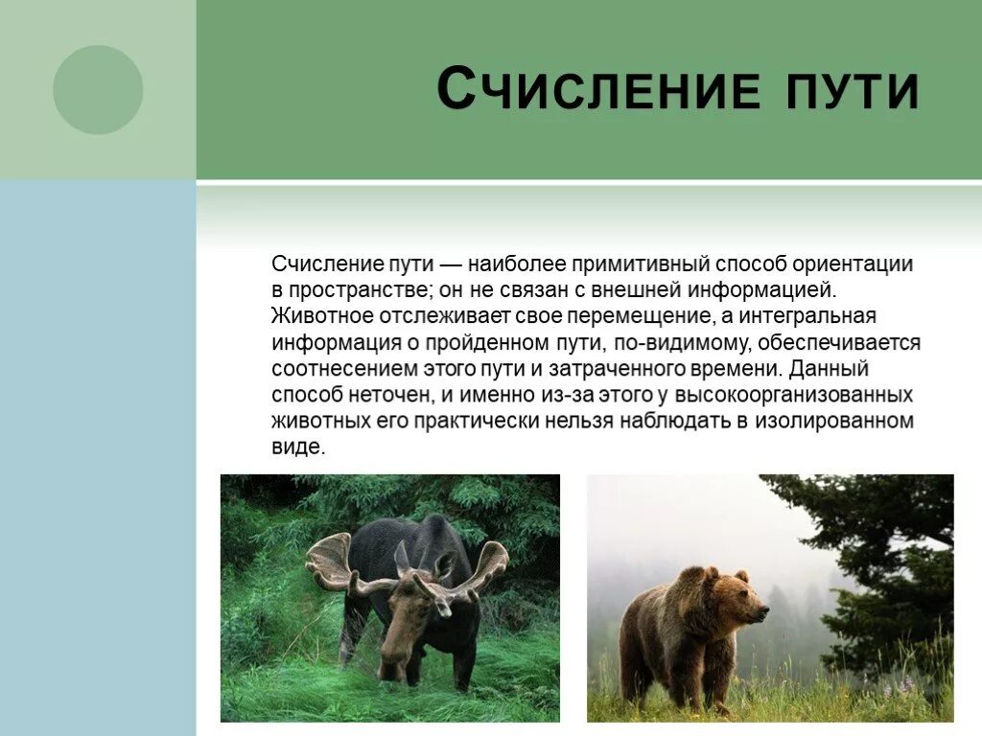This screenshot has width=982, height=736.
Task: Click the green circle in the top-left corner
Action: pos(98,89)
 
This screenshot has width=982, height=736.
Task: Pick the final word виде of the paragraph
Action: pos(298,448)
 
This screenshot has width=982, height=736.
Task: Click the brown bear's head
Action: pos(738,598)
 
